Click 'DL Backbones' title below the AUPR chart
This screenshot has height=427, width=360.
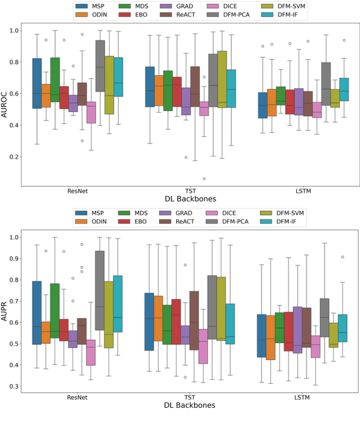190,406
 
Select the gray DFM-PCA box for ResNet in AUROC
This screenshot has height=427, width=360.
100,65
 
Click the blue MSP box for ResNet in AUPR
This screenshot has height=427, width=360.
37,313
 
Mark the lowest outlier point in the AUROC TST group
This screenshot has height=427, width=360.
204,179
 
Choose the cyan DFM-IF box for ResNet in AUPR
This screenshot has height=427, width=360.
118,304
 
